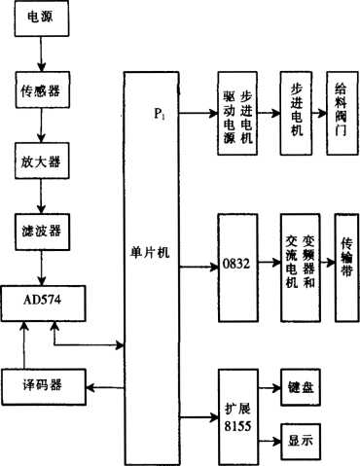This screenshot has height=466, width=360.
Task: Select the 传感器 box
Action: (39, 93)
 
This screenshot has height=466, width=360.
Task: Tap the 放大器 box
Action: (39, 160)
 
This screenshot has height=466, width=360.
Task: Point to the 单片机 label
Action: (151, 252)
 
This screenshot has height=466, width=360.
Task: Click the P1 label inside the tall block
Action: (160, 114)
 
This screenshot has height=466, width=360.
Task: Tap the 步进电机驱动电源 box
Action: (240, 117)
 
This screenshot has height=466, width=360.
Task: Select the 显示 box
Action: (302, 439)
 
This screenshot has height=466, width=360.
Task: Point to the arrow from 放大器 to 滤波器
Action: (40, 196)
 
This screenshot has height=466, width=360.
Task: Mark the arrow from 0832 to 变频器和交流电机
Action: (269, 264)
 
